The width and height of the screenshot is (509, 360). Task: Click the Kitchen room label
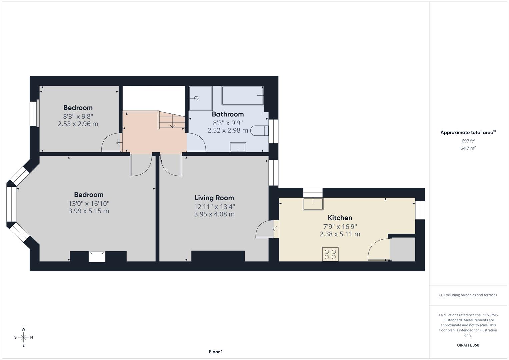click(x=340, y=218)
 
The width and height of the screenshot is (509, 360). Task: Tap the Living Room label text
click(x=214, y=198)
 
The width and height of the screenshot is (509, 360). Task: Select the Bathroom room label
click(x=228, y=114)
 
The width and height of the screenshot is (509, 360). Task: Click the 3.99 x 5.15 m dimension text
click(x=89, y=211)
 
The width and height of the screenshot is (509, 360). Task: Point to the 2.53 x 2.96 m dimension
click(x=78, y=124)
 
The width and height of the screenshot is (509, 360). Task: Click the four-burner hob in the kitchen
click(x=330, y=254)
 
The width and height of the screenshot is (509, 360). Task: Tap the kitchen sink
click(x=313, y=204)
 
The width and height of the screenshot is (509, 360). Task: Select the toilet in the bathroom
click(x=259, y=131)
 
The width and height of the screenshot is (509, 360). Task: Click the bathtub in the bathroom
click(x=242, y=96)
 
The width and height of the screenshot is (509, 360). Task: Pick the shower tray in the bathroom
click(x=200, y=98)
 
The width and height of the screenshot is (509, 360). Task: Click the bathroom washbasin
click(x=238, y=147)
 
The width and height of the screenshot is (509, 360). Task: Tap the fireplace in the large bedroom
click(x=97, y=256)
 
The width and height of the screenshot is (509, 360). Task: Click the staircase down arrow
click(x=173, y=123)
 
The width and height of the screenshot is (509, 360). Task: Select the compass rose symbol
click(x=23, y=337)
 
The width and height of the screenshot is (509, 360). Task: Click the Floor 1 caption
click(x=216, y=352)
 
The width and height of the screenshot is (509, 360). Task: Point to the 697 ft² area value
click(x=468, y=141)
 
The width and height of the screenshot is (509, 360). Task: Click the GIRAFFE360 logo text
click(x=468, y=345)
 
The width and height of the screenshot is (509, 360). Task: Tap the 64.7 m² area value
click(x=468, y=148)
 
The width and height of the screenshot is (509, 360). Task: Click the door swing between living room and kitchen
click(x=265, y=229)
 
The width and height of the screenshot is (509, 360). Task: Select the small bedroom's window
click(x=33, y=114)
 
